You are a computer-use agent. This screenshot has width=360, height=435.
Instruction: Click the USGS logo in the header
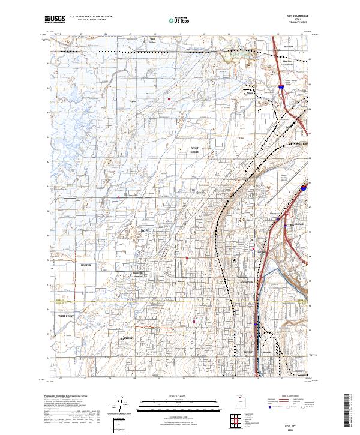pyautogui.click(x=55, y=19)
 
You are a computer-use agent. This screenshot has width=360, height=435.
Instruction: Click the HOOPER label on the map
pyautogui.click(x=86, y=264)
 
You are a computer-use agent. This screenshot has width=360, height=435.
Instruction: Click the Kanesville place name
pyautogui.click(x=131, y=195)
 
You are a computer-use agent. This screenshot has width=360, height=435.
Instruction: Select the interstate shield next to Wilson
pyautogui.click(x=281, y=89)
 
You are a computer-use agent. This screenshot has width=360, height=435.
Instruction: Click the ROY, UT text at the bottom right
pyautogui.click(x=295, y=424)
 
